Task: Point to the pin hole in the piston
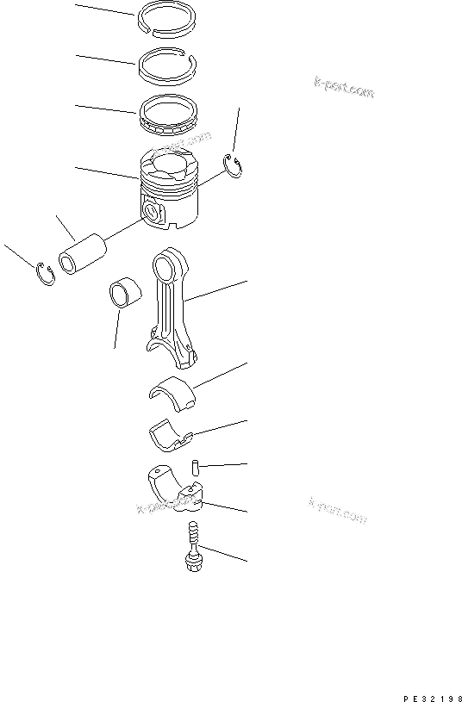pyautogui.click(x=153, y=211)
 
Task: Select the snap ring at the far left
pyautogui.click(x=46, y=274)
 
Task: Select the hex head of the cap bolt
pyautogui.click(x=192, y=563)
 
